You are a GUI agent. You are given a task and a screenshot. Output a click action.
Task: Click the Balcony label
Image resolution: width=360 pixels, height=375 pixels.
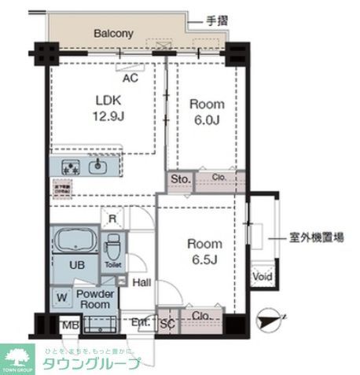[113, 34]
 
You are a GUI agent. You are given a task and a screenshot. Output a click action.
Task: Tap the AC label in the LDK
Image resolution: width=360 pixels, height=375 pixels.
[131, 78]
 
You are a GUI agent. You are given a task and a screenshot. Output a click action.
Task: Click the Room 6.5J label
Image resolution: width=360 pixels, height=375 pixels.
[203, 251]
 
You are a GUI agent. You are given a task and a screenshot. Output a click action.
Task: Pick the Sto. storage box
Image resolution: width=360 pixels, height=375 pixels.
[180, 180]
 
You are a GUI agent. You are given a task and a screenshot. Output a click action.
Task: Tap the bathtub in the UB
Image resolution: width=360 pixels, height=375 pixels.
[75, 240]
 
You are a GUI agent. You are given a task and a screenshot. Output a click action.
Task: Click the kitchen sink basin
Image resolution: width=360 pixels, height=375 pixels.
[100, 167]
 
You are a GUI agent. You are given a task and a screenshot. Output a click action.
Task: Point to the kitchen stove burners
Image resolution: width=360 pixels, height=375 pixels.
[71, 167]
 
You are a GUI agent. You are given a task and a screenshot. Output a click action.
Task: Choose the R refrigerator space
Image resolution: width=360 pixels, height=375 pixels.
[112, 218]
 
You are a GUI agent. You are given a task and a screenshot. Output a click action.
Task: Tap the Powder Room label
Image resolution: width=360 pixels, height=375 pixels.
[96, 299]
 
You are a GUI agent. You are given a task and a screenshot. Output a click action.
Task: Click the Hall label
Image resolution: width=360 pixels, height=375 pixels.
[142, 283]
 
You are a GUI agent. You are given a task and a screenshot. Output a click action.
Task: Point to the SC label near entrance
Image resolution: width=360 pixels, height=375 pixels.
[167, 322]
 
